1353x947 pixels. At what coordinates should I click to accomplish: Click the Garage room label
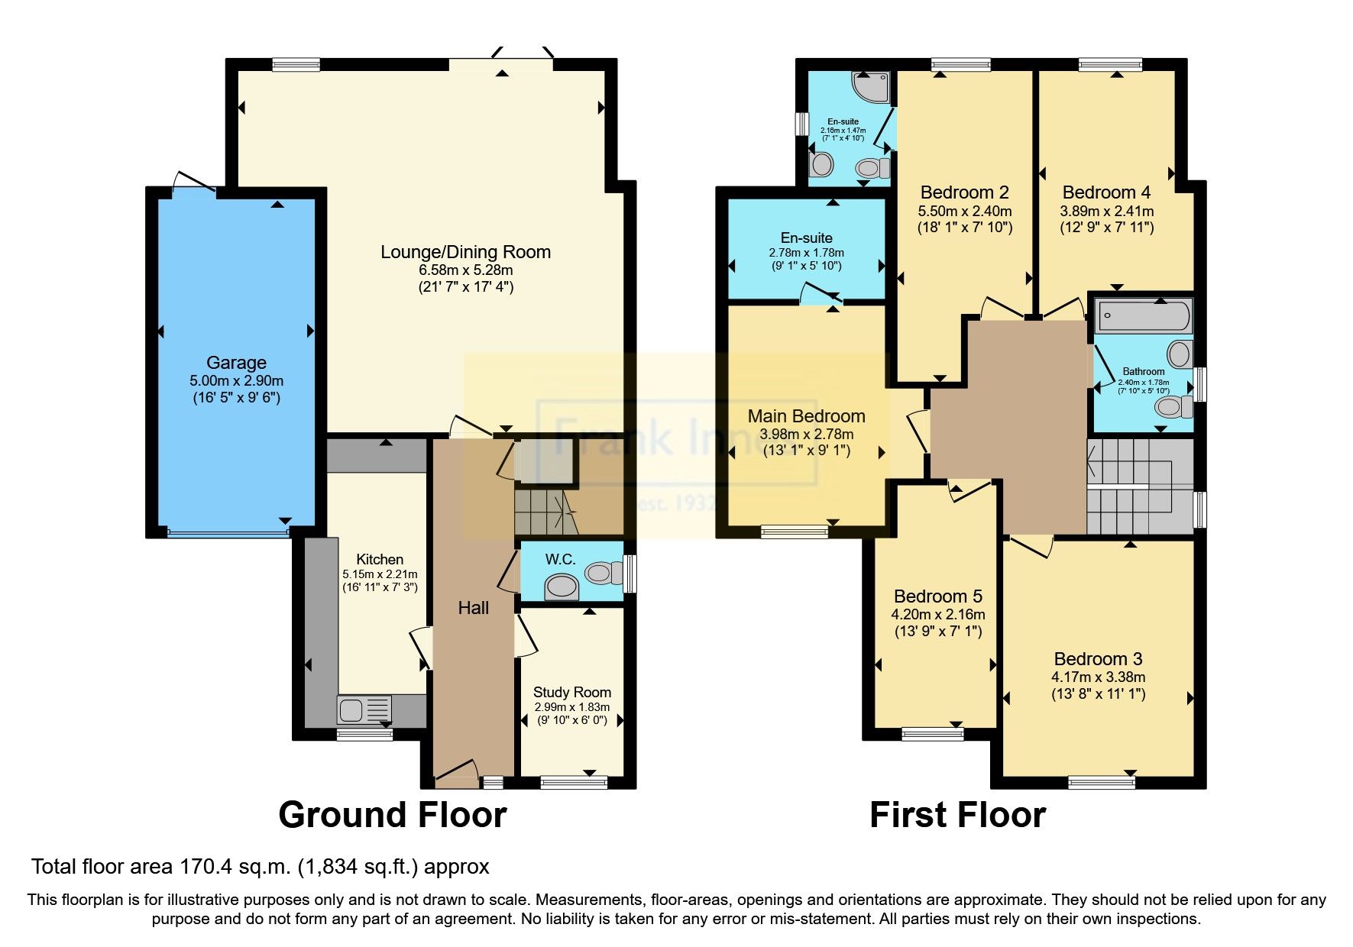[236, 363]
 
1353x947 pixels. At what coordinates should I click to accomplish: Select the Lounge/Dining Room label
[465, 252]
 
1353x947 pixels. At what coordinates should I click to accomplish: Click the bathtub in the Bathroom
[1143, 315]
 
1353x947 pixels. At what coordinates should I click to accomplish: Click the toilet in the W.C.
[604, 572]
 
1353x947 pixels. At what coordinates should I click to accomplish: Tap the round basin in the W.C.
[562, 587]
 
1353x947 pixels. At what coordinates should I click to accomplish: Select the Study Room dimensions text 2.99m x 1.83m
[571, 707]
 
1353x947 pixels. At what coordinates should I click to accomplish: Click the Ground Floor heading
[393, 815]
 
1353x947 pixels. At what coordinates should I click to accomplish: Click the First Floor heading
[957, 815]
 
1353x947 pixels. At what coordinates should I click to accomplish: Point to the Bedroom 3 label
[1098, 659]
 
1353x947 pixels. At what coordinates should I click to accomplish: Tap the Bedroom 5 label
[938, 596]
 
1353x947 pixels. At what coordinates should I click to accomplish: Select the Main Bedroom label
[806, 416]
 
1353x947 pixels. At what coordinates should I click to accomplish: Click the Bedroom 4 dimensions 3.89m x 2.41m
[1106, 211]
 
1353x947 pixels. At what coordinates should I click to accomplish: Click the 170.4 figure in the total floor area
[201, 867]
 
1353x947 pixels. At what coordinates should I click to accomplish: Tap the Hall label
[474, 608]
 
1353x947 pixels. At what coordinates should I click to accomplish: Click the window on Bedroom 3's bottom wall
[1101, 781]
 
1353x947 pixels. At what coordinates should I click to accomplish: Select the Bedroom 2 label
[964, 192]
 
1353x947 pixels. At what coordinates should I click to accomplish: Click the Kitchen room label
[380, 560]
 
